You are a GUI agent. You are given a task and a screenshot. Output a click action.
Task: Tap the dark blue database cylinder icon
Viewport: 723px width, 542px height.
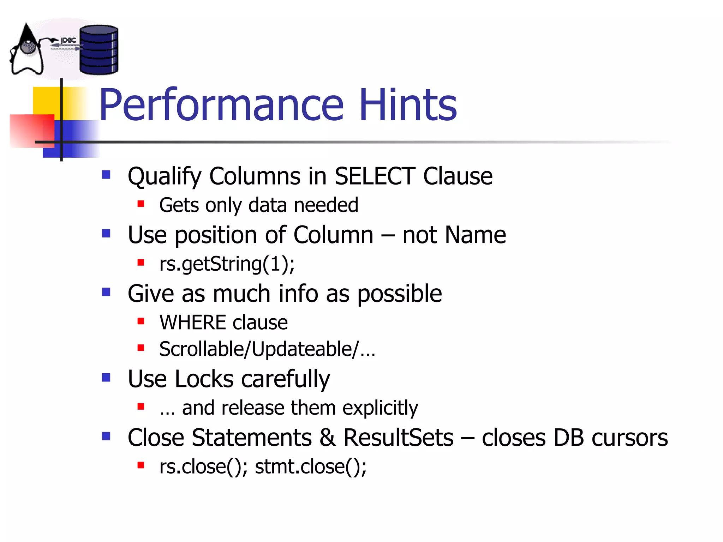[x=98, y=50]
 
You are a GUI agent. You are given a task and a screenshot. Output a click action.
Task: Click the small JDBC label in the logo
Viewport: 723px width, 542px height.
[x=68, y=41]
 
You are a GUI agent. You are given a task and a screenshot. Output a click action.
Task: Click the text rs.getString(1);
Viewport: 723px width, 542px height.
[x=227, y=264]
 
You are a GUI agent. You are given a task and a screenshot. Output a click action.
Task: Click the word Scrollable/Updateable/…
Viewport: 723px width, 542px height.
[x=267, y=349]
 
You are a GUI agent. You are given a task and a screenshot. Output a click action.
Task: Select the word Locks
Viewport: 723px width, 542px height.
[x=204, y=379]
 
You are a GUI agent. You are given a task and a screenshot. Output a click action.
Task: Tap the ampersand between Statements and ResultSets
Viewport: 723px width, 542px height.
[x=327, y=438]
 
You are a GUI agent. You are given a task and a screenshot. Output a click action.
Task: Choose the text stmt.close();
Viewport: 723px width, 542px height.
[x=311, y=466]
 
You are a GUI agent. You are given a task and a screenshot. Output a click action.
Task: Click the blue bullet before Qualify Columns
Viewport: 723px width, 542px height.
[x=106, y=175]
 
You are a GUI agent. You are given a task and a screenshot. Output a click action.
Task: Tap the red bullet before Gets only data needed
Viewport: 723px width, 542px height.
[x=141, y=204]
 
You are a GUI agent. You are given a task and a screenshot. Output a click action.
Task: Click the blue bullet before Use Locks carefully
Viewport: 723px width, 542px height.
[x=106, y=378]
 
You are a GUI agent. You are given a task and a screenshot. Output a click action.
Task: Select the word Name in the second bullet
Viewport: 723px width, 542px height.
[x=475, y=235]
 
